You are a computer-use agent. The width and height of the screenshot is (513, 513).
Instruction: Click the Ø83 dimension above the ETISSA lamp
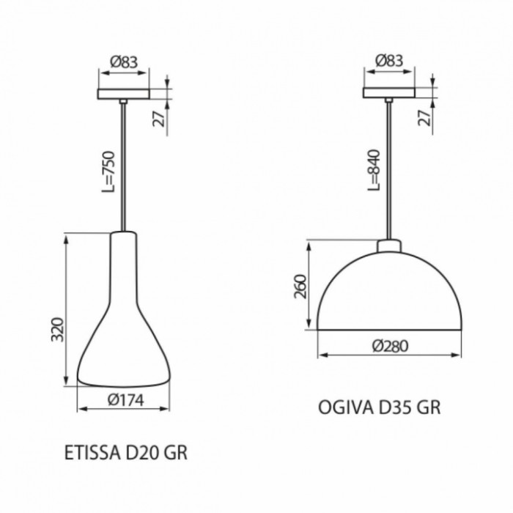124,62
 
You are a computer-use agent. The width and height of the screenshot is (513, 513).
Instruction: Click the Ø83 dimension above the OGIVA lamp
389,60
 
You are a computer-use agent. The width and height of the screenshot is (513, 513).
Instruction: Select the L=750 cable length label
108,171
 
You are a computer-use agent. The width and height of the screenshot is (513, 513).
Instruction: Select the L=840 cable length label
374,170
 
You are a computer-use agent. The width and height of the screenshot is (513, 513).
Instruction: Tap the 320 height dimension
58,329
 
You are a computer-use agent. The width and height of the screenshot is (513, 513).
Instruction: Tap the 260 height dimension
300,287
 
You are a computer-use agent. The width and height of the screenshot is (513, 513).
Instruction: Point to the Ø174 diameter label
125,400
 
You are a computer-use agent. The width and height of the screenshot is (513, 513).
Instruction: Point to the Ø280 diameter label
391,346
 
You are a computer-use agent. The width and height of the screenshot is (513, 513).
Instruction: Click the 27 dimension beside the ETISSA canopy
159,119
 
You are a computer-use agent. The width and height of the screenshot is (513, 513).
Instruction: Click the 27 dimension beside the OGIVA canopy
424,118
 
